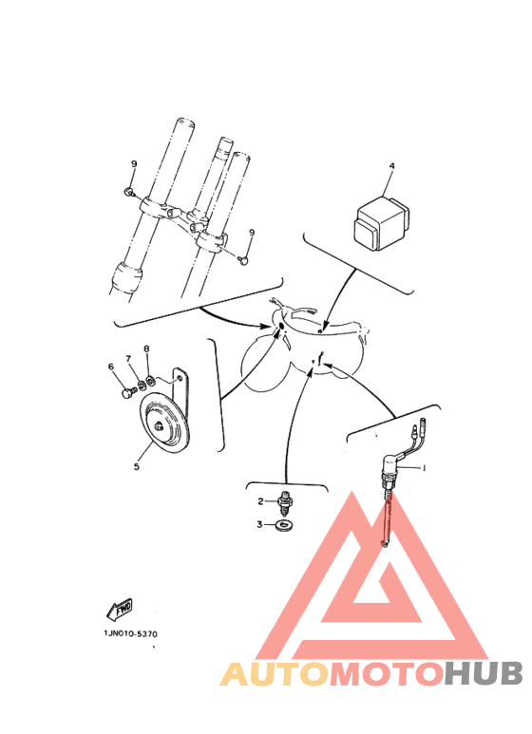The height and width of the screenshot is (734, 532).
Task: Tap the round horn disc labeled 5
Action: click(164, 423)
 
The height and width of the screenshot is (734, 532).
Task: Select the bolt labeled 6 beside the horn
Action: click(127, 393)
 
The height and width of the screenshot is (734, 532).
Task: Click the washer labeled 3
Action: click(283, 525)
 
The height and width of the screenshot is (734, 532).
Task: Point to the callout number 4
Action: click(392, 166)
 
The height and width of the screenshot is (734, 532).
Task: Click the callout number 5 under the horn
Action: click(136, 466)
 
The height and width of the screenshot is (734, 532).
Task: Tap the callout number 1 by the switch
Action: click(425, 467)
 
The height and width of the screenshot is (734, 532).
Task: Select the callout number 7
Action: click(128, 358)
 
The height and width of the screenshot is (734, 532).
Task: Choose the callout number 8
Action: click(146, 348)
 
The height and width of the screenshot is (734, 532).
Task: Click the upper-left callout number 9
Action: click(134, 164)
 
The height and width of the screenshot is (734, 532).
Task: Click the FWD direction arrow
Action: click(119, 610)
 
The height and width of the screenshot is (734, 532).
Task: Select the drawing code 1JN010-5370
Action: click(131, 634)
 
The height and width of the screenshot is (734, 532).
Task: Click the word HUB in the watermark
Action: click(484, 673)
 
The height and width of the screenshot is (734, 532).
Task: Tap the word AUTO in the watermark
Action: click(275, 674)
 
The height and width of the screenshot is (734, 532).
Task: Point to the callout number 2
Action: click(260, 501)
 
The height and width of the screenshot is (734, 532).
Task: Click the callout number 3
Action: click(259, 524)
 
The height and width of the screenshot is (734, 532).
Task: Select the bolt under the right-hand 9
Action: click(242, 260)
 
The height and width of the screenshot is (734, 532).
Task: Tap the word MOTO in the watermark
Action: click(388, 674)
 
